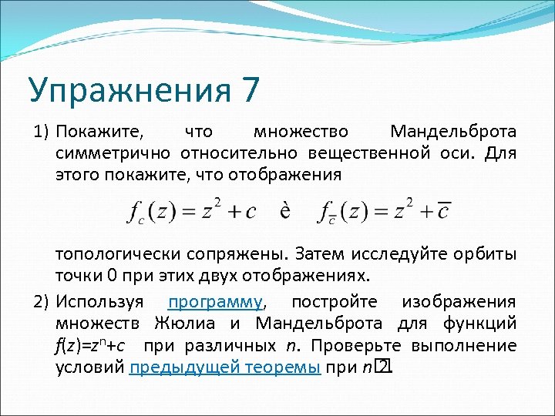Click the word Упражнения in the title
(x=127, y=92)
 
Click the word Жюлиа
(x=186, y=323)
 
